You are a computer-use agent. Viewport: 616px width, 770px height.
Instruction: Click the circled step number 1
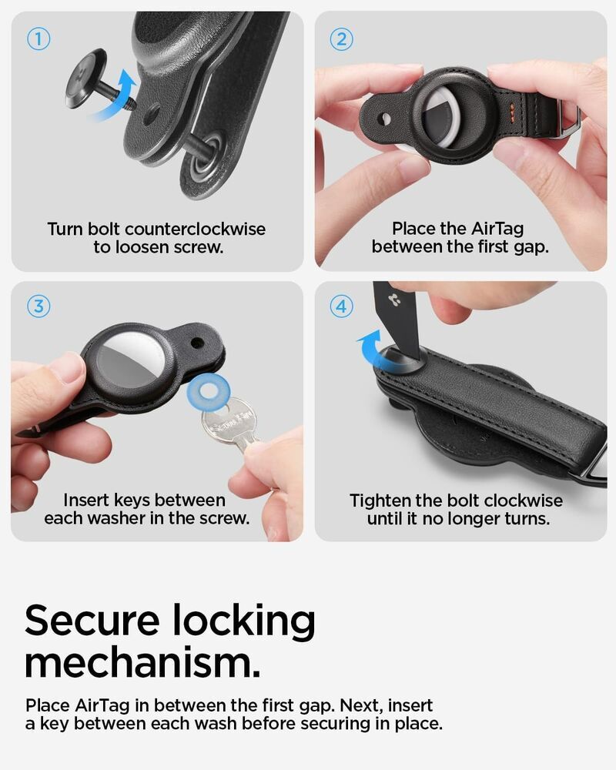point(38,38)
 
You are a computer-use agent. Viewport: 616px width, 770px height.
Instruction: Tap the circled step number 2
point(341,38)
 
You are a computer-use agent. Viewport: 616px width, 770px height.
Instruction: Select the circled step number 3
point(38,306)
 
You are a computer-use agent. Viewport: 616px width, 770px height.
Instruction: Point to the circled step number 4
point(341,306)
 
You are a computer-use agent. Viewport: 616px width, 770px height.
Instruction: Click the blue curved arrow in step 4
point(374,350)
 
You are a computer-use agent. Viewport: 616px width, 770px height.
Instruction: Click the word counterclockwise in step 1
point(195,229)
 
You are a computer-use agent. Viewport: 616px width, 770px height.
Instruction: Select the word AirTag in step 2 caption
point(497,229)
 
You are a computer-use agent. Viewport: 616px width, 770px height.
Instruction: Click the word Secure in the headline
point(92,621)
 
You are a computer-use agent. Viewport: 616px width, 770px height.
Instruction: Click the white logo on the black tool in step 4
point(393,299)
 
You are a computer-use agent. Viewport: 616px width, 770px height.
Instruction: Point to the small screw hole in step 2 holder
point(386,119)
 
